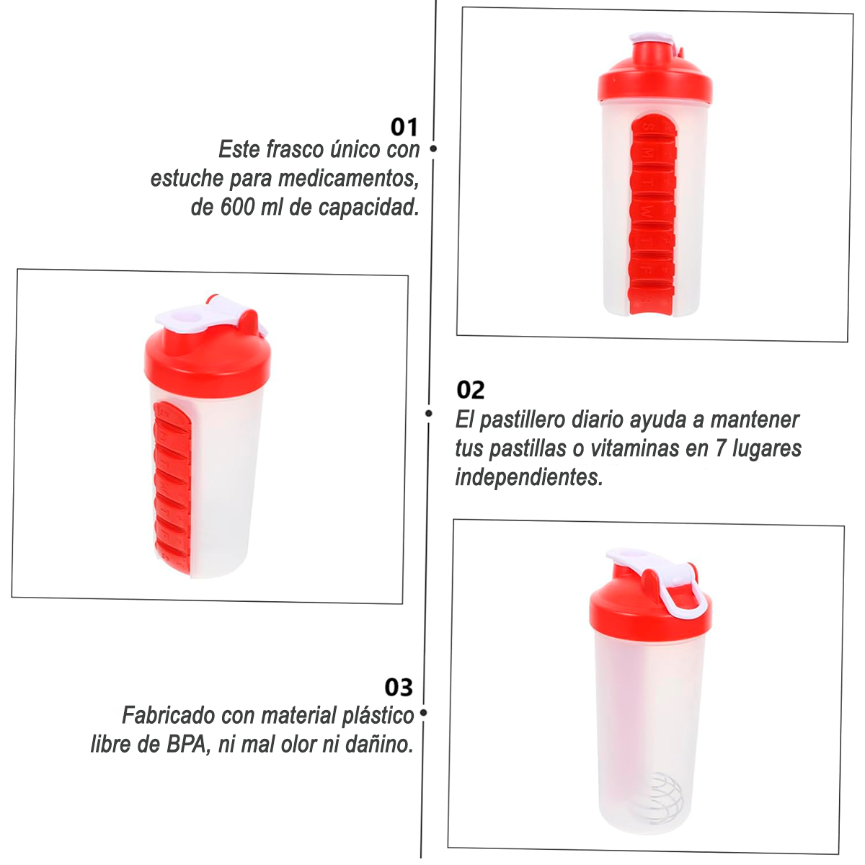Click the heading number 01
[x=404, y=127]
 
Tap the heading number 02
[x=471, y=390]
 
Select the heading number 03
[x=399, y=687]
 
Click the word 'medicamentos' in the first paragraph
[x=348, y=179]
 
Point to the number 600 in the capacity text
[x=237, y=208]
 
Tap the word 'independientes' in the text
[x=529, y=477]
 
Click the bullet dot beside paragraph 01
[x=433, y=148]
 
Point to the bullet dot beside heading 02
[x=429, y=413]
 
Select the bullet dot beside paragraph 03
[x=423, y=713]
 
